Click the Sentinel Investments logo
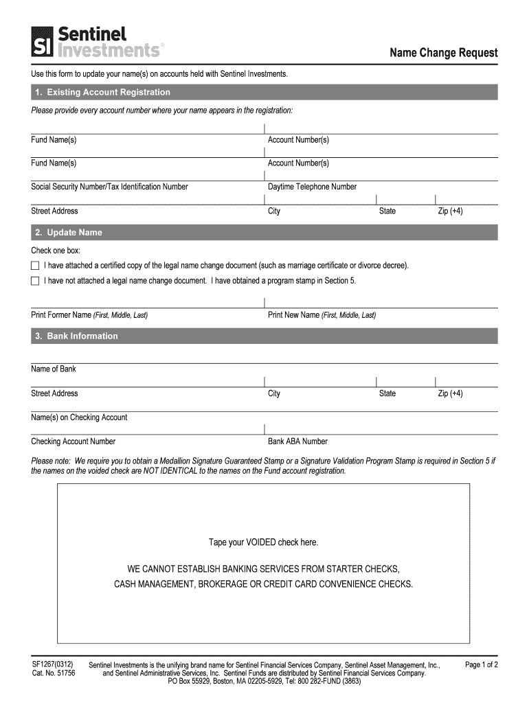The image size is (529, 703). [x=96, y=41]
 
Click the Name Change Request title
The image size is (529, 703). [x=444, y=53]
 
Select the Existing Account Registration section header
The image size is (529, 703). [x=102, y=92]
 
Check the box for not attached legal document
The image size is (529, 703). [x=36, y=281]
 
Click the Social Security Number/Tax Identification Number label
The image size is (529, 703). [x=109, y=187]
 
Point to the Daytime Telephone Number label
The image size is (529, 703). [x=312, y=187]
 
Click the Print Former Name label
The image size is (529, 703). [x=89, y=315]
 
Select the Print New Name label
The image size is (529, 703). [x=322, y=315]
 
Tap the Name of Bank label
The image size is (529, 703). [x=54, y=369]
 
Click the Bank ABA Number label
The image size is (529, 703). [x=297, y=441]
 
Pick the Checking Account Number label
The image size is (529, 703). [x=74, y=441]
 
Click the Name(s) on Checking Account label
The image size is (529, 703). [x=79, y=417]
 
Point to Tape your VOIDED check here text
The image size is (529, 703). [x=264, y=542]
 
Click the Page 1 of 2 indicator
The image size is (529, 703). [x=481, y=665]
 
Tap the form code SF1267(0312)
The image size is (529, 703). [x=53, y=665]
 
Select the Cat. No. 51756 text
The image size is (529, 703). [x=53, y=673]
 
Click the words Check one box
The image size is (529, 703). [x=56, y=251]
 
